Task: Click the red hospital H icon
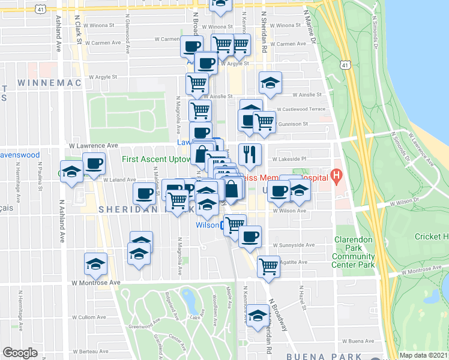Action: tap(336, 176)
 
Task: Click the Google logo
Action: tap(20, 353)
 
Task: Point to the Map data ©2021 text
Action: tap(424, 355)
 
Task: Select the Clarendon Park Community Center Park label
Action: tap(354, 252)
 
